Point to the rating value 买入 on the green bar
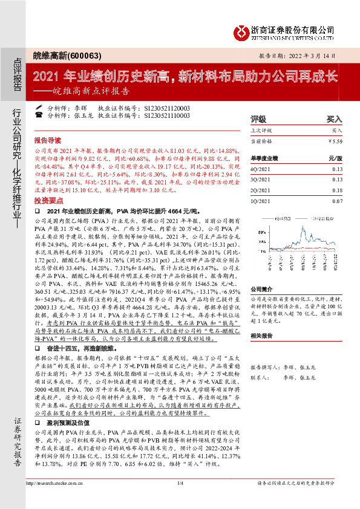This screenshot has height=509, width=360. tap(335, 120)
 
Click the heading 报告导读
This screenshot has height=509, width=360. tap(48, 138)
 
